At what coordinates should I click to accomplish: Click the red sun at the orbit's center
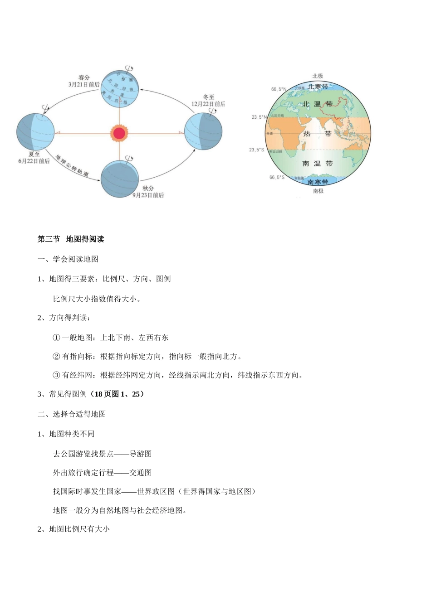[119, 133]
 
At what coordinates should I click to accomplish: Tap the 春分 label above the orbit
[84, 77]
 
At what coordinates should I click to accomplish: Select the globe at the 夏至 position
[35, 132]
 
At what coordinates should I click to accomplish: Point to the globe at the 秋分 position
[119, 179]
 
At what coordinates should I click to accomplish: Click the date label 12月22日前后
[208, 104]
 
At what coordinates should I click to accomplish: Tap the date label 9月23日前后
[148, 195]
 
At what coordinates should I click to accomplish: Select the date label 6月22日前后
[34, 161]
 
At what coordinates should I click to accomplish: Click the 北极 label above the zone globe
[318, 76]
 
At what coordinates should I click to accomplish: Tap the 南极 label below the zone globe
[318, 191]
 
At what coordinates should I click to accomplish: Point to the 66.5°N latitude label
[279, 89]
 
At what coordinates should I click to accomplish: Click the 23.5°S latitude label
[256, 150]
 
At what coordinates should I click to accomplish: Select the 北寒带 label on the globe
[318, 87]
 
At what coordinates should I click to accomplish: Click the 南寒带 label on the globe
[318, 182]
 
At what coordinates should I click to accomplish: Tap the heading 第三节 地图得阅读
[71, 239]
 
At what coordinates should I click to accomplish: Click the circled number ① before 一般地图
[57, 338]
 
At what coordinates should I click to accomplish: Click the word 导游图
[141, 454]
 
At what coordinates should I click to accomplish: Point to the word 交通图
[141, 473]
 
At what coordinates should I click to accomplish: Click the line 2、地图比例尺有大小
[73, 529]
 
